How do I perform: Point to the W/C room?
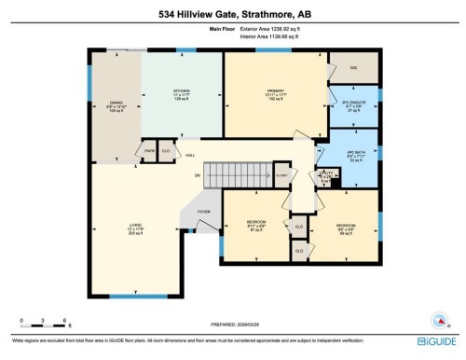353,67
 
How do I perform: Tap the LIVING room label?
136,228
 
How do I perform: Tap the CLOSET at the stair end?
281,173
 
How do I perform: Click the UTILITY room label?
326,174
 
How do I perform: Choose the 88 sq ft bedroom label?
346,229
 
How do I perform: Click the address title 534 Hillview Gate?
233,11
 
